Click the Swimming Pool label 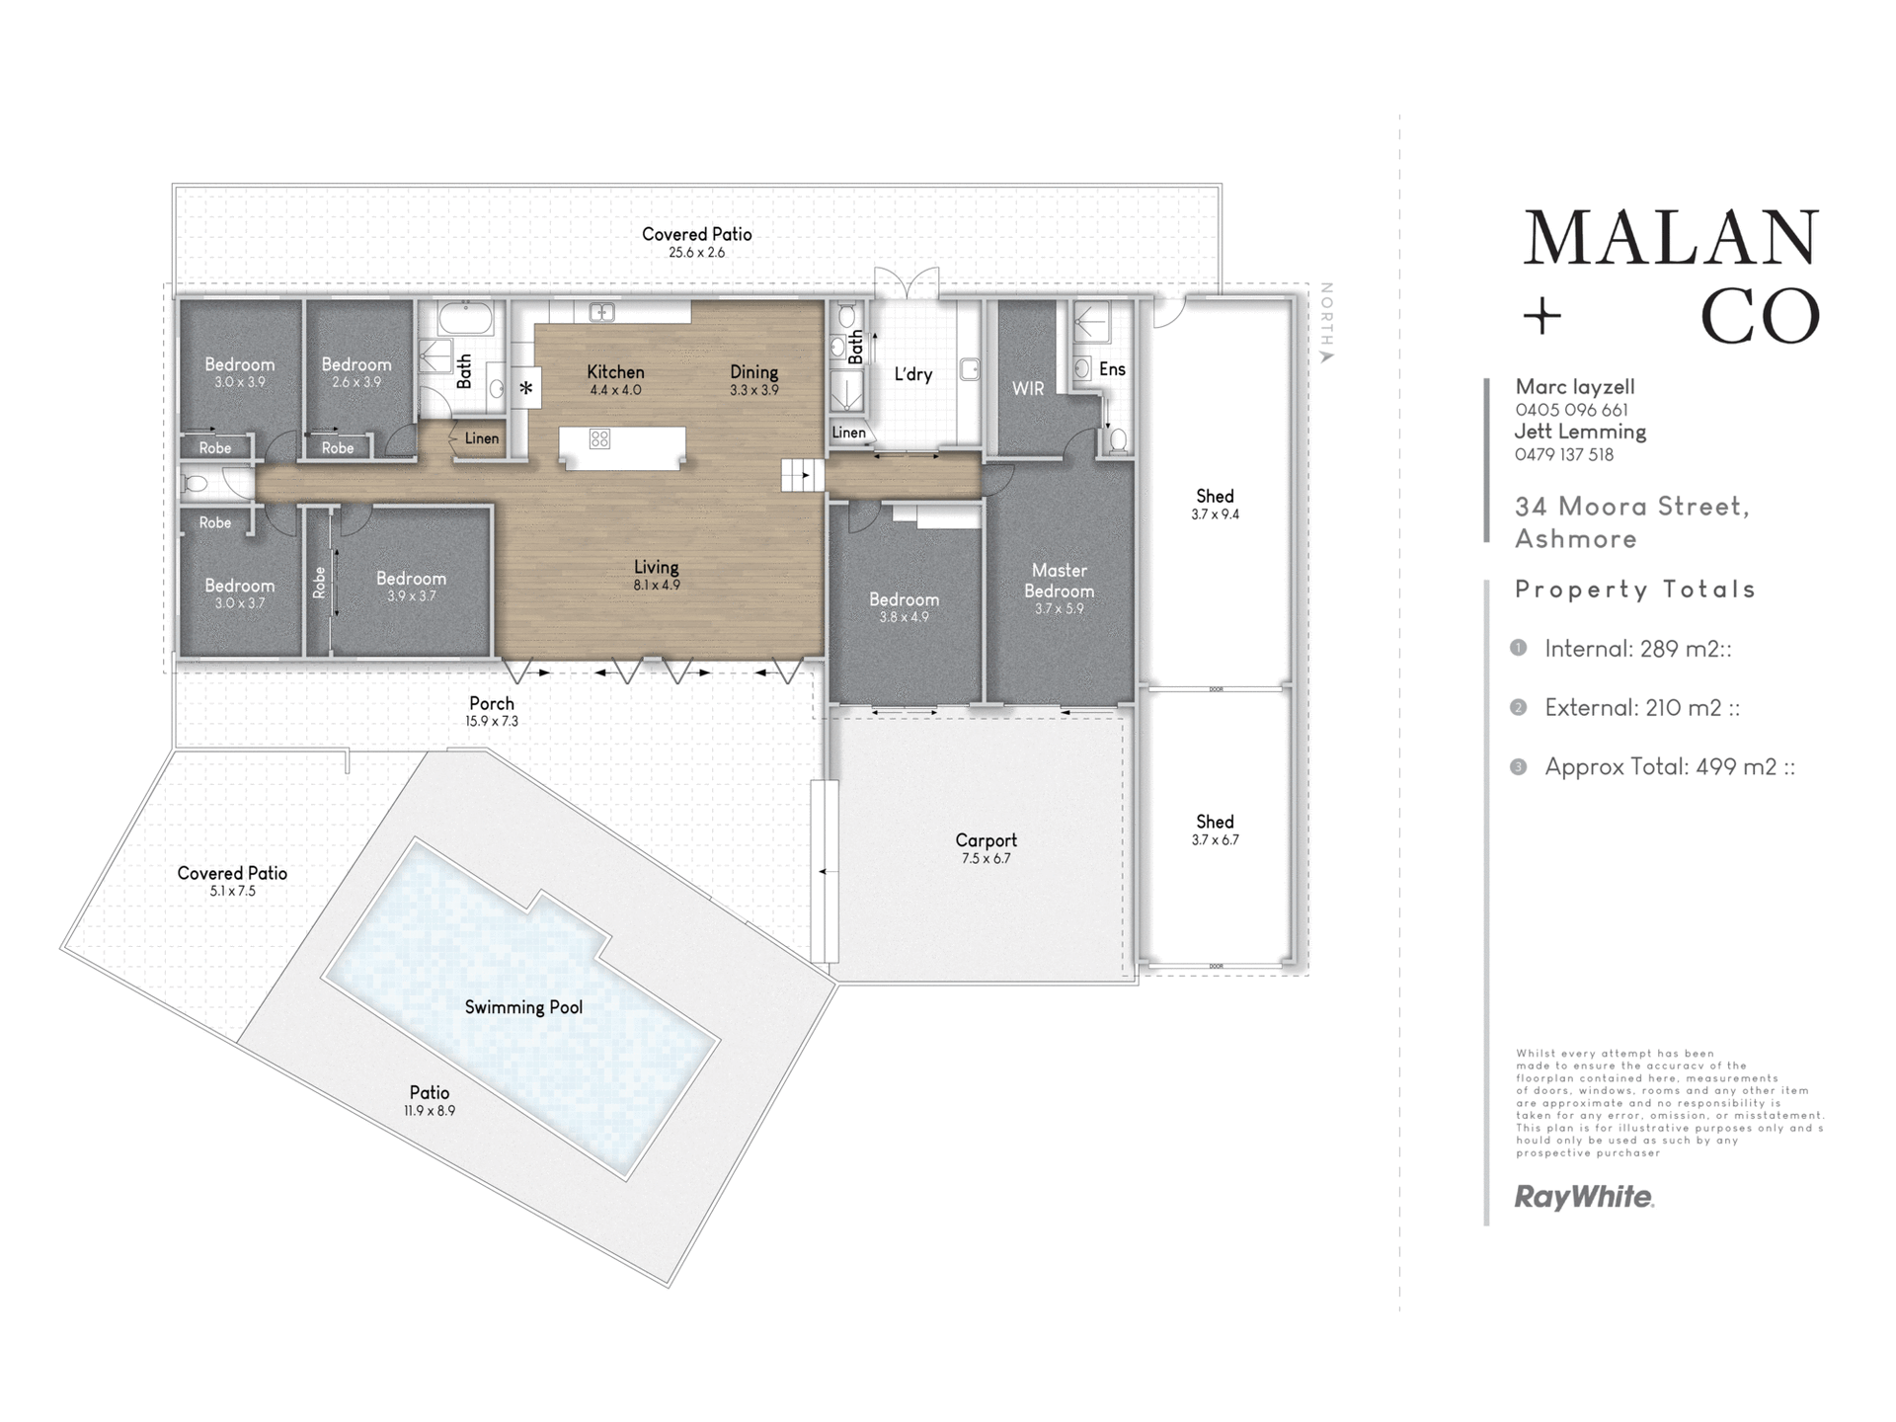[523, 1007]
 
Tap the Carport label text [986, 840]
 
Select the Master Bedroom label [1059, 581]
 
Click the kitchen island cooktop [599, 438]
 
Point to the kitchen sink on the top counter [601, 313]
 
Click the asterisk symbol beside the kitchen [526, 388]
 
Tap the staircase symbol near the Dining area [803, 475]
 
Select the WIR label [1028, 389]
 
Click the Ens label [1112, 369]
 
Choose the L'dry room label [913, 374]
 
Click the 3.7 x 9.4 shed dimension [1215, 514]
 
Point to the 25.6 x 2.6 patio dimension [696, 253]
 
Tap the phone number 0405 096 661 [1571, 410]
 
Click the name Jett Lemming [1580, 432]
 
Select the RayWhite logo [1584, 1198]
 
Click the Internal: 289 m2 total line [1637, 649]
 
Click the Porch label [492, 703]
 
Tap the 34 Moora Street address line [1632, 507]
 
